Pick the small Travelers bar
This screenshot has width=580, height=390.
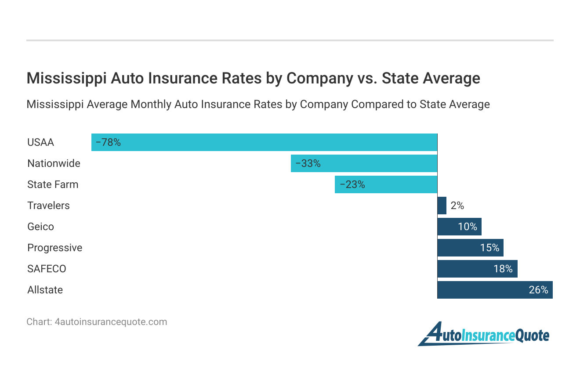tap(442, 206)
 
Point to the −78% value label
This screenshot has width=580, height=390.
tap(108, 142)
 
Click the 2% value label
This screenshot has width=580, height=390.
tap(457, 206)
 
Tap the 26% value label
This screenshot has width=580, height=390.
tap(538, 290)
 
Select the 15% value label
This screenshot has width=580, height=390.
tap(489, 248)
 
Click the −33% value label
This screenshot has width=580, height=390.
tap(308, 163)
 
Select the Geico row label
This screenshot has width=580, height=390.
tap(40, 227)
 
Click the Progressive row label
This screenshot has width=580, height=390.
tap(54, 248)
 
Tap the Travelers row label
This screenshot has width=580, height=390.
tap(48, 206)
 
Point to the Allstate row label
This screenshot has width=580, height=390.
tap(45, 290)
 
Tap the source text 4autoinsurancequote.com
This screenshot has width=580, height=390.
tap(111, 321)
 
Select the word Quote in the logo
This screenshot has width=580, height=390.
tap(532, 336)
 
